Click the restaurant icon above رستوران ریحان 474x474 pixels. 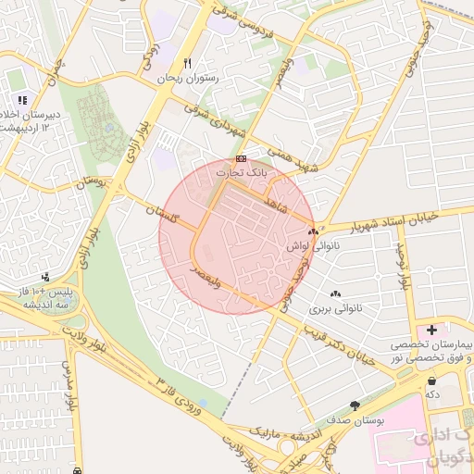coord(188,63)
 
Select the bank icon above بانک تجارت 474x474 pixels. coord(241,158)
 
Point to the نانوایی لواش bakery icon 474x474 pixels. coord(313,231)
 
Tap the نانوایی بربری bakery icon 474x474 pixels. coord(334,293)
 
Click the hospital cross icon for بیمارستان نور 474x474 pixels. coord(431,329)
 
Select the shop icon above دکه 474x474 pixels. coord(431,380)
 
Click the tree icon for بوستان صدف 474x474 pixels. coord(355,405)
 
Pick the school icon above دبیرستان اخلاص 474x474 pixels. coord(21,100)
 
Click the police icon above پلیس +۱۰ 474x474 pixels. coord(45,276)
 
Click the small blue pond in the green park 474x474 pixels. coord(109,127)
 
